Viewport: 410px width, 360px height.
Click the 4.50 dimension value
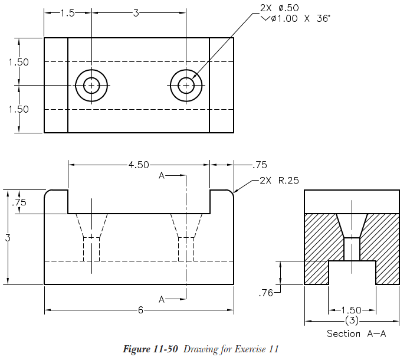[139, 165]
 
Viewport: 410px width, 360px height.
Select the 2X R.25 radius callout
[279, 180]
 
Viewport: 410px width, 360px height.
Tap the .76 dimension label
[265, 293]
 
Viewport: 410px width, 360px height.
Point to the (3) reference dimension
[352, 320]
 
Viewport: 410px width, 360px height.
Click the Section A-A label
[356, 333]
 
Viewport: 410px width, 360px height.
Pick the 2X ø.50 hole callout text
[279, 8]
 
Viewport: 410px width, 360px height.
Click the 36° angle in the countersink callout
[323, 18]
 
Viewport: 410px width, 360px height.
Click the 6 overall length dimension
[140, 310]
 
